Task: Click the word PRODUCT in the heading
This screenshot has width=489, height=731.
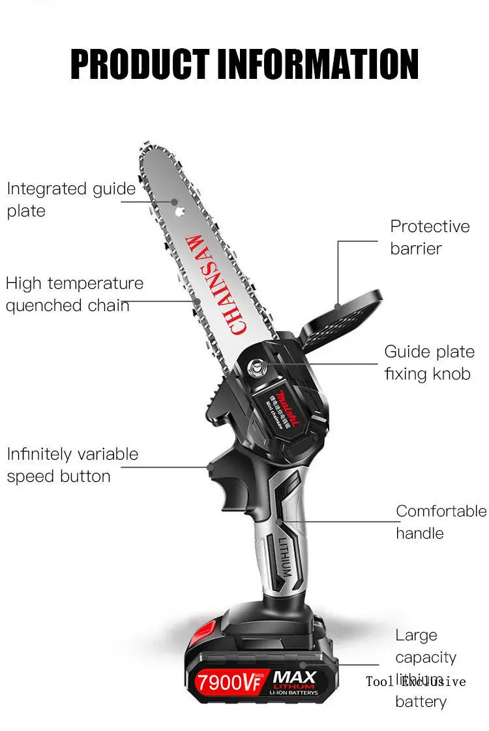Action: pos(140,64)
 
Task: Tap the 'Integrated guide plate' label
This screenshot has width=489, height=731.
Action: pos(70,200)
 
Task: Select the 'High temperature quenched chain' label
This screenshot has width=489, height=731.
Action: pos(74,294)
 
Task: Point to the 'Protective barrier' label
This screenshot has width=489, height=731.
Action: pos(429,237)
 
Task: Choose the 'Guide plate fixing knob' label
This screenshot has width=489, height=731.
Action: pos(428,363)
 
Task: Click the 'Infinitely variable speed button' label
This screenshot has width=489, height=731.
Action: pos(72,464)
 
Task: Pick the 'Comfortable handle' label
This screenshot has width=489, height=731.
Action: pos(441,522)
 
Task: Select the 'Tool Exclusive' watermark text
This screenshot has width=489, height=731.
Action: pos(416,681)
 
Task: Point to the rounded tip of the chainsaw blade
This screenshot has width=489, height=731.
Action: pos(147,149)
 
